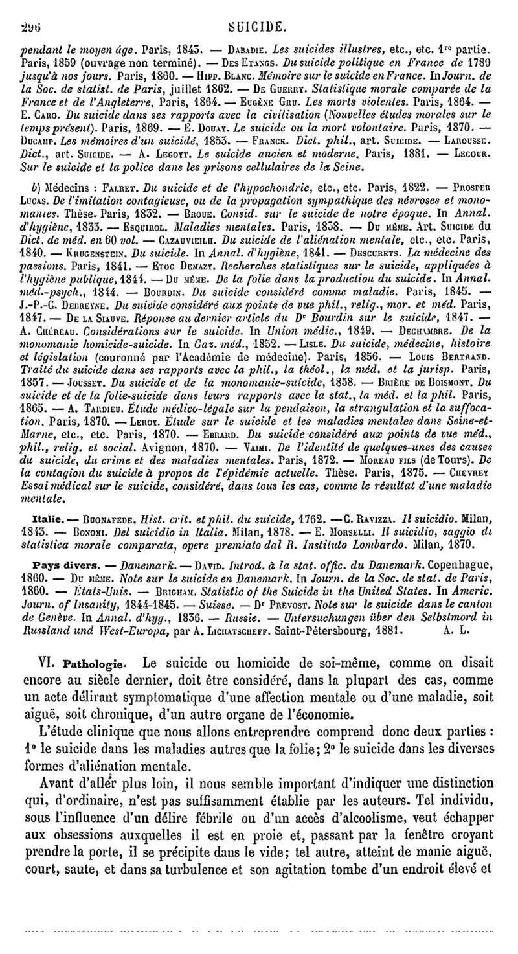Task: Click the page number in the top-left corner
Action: [28, 10]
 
